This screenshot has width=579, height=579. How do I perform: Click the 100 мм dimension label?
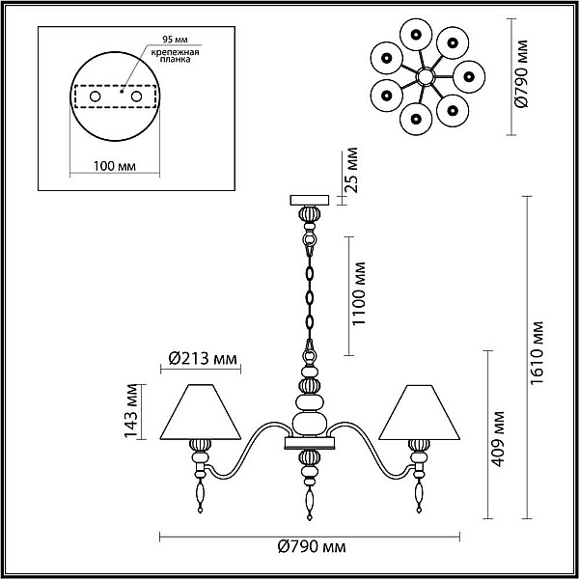[115, 166]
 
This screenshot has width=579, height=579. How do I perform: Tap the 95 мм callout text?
[175, 40]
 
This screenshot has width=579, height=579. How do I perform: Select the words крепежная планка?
[175, 55]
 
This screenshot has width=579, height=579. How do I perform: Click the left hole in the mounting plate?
[96, 96]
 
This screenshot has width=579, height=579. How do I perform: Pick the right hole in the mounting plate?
[136, 96]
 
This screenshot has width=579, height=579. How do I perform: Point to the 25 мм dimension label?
[352, 170]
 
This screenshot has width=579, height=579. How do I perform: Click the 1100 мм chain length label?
[359, 294]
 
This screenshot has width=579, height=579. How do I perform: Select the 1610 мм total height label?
[537, 353]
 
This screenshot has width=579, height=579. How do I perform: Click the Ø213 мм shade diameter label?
[203, 358]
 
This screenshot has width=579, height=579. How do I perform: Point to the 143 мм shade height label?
[130, 411]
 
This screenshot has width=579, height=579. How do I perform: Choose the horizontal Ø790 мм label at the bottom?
[312, 547]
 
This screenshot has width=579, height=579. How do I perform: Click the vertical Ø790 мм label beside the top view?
[522, 73]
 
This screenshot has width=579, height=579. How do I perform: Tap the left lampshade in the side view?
[201, 412]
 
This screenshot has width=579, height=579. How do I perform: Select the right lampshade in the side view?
[420, 412]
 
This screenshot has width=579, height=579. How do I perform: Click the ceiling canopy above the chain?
[310, 200]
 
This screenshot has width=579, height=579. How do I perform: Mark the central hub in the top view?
[425, 77]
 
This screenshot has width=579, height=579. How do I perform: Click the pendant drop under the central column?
[310, 503]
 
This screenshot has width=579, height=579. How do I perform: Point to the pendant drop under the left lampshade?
[200, 495]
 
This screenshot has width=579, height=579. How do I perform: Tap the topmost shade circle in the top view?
[416, 35]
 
